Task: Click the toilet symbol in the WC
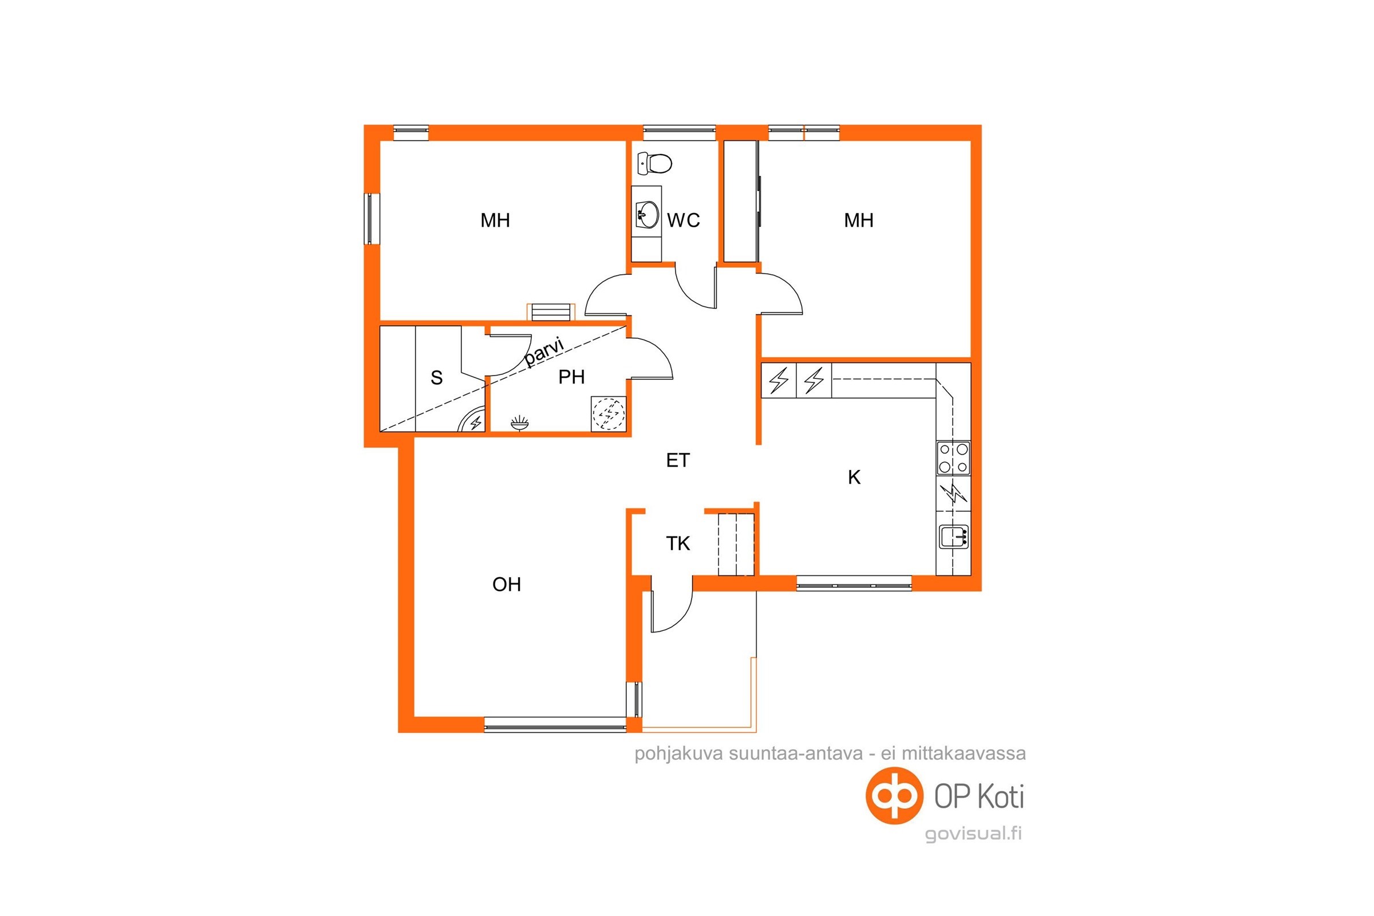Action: pos(654,164)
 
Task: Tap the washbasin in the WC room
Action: pos(647,214)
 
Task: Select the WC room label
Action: pos(684,220)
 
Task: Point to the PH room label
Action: pos(571,377)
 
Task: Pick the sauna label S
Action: pos(436,378)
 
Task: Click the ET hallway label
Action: pos(678,460)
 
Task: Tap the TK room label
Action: pos(678,544)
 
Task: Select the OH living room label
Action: pos(507,584)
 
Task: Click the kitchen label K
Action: pos(854,477)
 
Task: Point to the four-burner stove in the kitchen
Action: pos(953,458)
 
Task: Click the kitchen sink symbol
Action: pos(954,536)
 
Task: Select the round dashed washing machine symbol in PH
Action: pos(609,413)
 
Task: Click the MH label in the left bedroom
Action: pos(495,220)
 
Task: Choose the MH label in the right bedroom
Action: pos(859,220)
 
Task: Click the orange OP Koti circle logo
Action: pos(894,796)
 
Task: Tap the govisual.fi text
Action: pos(973,834)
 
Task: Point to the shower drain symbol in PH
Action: pos(519,423)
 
